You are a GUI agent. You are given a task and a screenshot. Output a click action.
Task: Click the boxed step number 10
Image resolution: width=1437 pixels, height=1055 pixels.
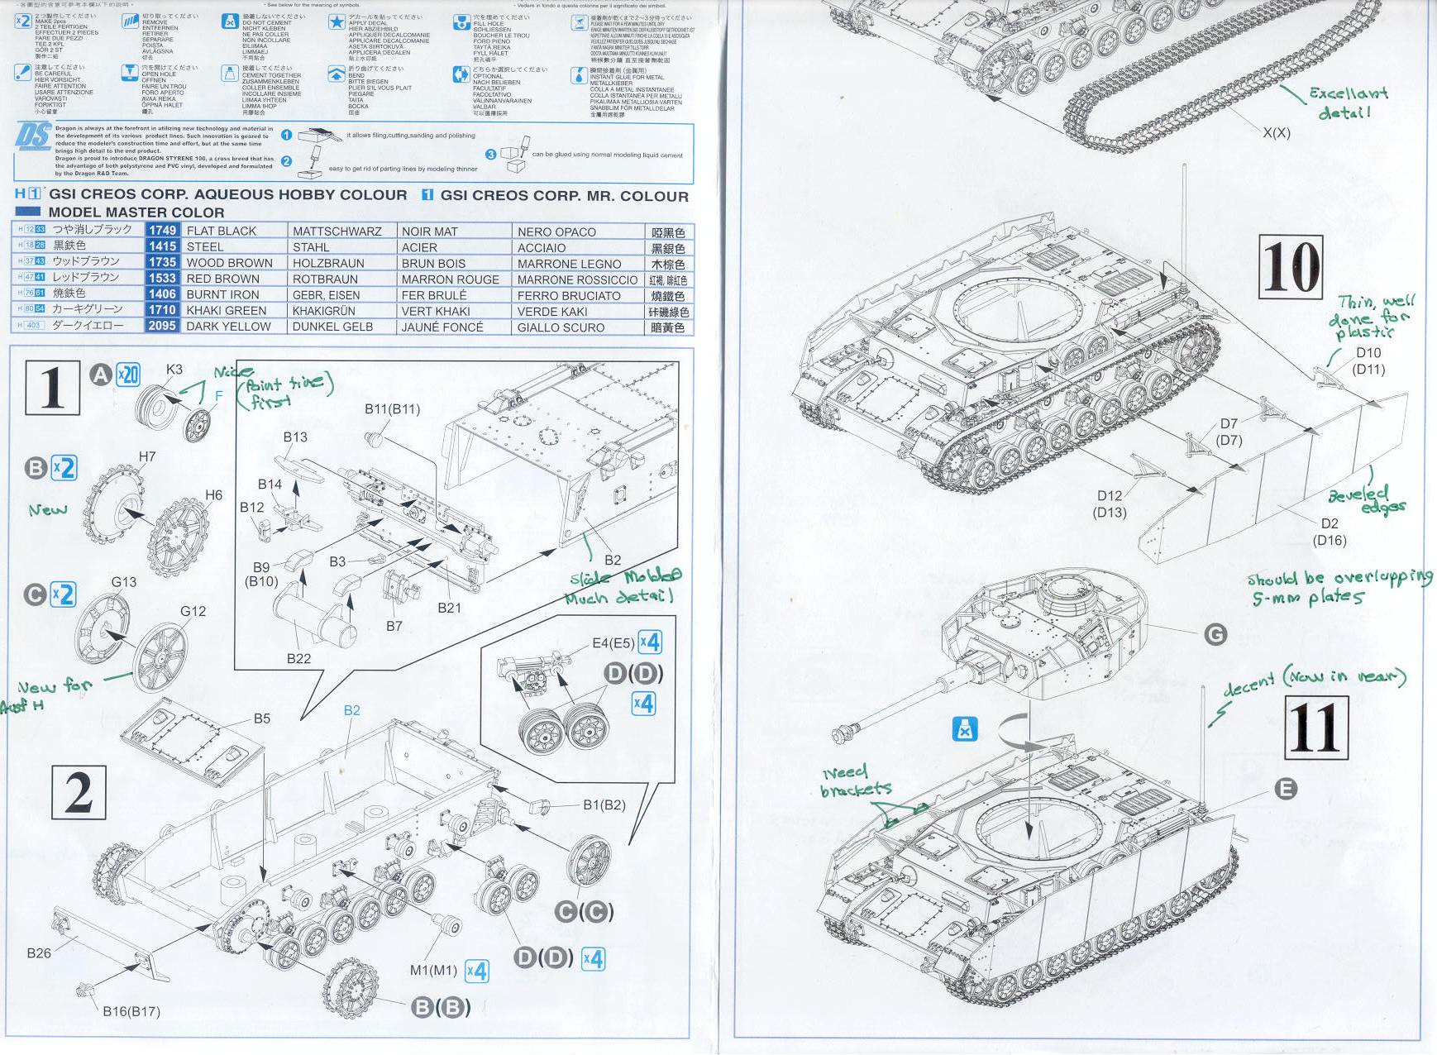point(1291,266)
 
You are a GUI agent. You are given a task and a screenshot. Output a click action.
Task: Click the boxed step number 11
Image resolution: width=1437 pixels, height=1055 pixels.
point(1317,727)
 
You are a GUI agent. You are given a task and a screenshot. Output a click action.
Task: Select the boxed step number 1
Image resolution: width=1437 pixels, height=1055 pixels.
point(53,387)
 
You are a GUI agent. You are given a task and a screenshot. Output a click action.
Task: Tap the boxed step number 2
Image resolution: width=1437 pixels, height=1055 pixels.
point(79,791)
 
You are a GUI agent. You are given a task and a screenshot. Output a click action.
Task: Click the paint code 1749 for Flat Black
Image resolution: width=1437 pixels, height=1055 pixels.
point(162,231)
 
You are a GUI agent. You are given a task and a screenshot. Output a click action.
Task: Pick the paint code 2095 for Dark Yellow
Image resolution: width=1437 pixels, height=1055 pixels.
point(162,326)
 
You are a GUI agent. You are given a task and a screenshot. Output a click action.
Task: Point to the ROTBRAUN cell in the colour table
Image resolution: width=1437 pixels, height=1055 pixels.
point(325,279)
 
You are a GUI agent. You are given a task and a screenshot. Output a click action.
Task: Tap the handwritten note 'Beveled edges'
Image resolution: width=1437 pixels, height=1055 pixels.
point(1365,499)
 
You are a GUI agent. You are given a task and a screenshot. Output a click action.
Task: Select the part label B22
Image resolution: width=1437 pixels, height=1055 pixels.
point(298,658)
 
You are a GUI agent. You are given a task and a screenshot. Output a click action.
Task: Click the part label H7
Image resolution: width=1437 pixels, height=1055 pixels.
point(147,456)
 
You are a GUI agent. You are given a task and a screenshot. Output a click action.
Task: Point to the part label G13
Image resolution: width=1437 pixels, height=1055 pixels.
point(124,582)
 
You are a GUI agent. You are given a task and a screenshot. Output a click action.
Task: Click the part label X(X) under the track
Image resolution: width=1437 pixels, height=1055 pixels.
point(1276,132)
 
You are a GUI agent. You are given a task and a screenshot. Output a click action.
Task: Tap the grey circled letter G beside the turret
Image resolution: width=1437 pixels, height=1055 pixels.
point(1215,635)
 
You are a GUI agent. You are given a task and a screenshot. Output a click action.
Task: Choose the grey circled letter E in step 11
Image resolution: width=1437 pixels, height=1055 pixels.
point(1286,790)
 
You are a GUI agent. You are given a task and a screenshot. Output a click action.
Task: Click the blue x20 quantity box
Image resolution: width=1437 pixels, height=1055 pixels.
point(127,375)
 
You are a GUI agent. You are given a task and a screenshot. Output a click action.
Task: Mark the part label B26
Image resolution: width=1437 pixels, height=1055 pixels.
point(39,952)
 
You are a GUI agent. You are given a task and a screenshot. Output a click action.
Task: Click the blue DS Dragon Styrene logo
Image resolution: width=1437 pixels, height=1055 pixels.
point(32,136)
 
